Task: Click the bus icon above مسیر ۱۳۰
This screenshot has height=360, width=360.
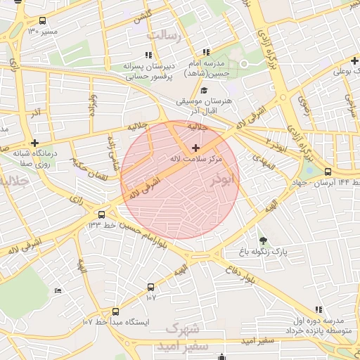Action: pyautogui.click(x=44, y=21)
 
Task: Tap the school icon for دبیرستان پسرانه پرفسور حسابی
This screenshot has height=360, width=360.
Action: pyautogui.click(x=148, y=55)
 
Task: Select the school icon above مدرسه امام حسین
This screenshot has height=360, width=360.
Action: pyautogui.click(x=206, y=52)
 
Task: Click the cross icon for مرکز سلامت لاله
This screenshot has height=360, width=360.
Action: pyautogui.click(x=195, y=148)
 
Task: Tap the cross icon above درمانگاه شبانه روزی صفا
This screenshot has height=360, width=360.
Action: pyautogui.click(x=34, y=143)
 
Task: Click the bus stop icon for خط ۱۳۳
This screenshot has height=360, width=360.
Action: pyautogui.click(x=102, y=214)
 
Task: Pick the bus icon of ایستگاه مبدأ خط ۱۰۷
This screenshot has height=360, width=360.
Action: pyautogui.click(x=115, y=311)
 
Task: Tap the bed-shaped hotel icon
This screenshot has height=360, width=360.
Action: pyautogui.click(x=58, y=290)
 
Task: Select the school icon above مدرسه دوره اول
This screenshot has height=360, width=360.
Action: pyautogui.click(x=319, y=309)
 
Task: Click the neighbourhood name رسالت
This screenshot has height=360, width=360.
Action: pyautogui.click(x=163, y=34)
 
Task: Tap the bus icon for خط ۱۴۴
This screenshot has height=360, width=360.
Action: pyautogui.click(x=328, y=172)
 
